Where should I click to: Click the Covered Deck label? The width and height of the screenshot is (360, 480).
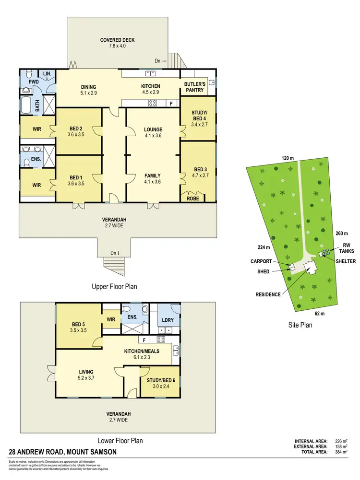coord(117,40)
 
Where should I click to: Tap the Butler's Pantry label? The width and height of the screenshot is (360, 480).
coord(194,86)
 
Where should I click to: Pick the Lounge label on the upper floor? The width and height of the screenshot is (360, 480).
coord(153,129)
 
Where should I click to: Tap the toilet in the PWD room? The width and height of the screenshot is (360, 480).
coord(28,74)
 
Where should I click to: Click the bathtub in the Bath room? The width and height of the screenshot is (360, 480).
coord(25,105)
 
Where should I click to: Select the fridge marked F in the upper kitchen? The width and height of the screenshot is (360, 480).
coord(169,103)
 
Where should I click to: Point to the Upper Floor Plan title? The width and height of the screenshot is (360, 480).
coord(114,287)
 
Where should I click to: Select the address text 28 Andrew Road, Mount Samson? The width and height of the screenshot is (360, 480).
coord(63,452)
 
